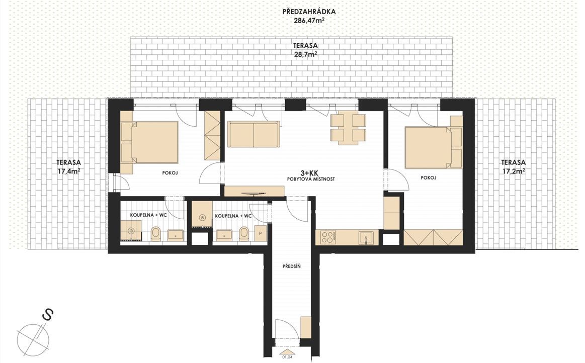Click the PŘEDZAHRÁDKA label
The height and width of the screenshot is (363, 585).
pos(309,12)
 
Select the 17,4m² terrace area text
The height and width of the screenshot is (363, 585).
pos(69,171)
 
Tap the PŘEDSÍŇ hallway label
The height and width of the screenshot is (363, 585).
pos(291,266)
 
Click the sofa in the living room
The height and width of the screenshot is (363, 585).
pos(254,134)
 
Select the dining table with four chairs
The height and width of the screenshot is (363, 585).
pos(348,129)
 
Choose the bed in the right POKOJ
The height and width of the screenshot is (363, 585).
pos(434,148)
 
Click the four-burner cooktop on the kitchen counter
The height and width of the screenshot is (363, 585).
pos(328,237)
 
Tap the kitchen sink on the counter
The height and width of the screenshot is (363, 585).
pos(366,238)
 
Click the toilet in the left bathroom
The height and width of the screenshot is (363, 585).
pos(155,234)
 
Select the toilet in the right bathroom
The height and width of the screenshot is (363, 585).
pos(243,234)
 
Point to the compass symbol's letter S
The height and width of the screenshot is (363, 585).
pos(48,315)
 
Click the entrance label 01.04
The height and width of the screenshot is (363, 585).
pos(287,357)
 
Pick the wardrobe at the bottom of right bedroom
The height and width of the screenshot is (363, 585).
pos(433,238)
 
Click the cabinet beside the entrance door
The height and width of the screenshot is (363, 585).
pos(306,327)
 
